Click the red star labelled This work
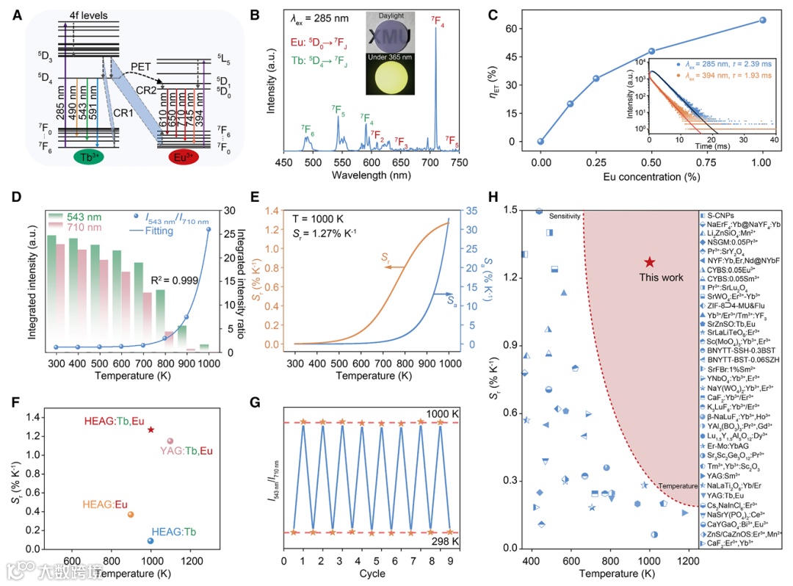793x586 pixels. [x=649, y=262]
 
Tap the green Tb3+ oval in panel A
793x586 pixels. [x=87, y=158]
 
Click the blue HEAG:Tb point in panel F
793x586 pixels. [x=151, y=540]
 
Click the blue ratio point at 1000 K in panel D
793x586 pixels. [x=208, y=229]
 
